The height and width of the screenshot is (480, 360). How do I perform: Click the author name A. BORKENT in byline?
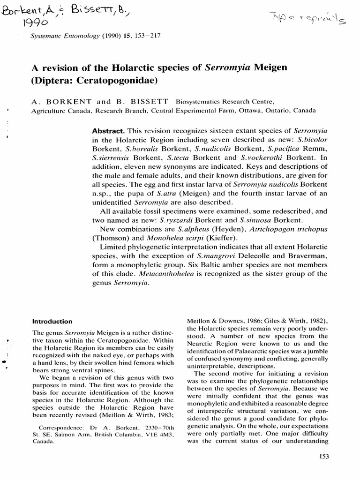pyautogui.click(x=53, y=101)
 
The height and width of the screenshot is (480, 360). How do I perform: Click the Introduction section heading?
pyautogui.click(x=52, y=322)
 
